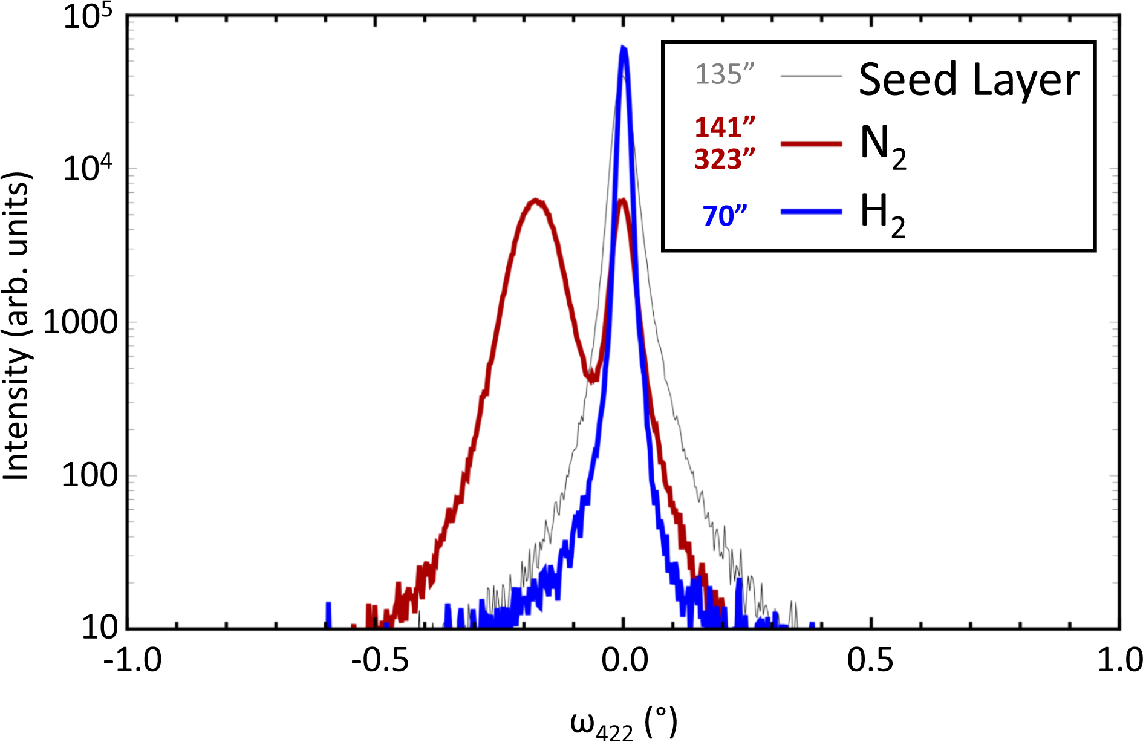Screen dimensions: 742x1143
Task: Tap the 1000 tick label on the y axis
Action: coord(81,322)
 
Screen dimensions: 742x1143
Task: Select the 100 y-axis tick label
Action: coord(90,475)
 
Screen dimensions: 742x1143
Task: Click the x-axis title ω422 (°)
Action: coord(623,723)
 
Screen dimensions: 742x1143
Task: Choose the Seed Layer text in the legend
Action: coord(969,79)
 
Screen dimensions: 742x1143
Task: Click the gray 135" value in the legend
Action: coord(725,74)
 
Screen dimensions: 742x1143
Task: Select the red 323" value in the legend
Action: coord(725,160)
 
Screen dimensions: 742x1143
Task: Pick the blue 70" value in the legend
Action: coord(725,216)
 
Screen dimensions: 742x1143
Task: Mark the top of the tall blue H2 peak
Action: coord(623,48)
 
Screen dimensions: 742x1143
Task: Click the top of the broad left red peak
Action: coord(535,200)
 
